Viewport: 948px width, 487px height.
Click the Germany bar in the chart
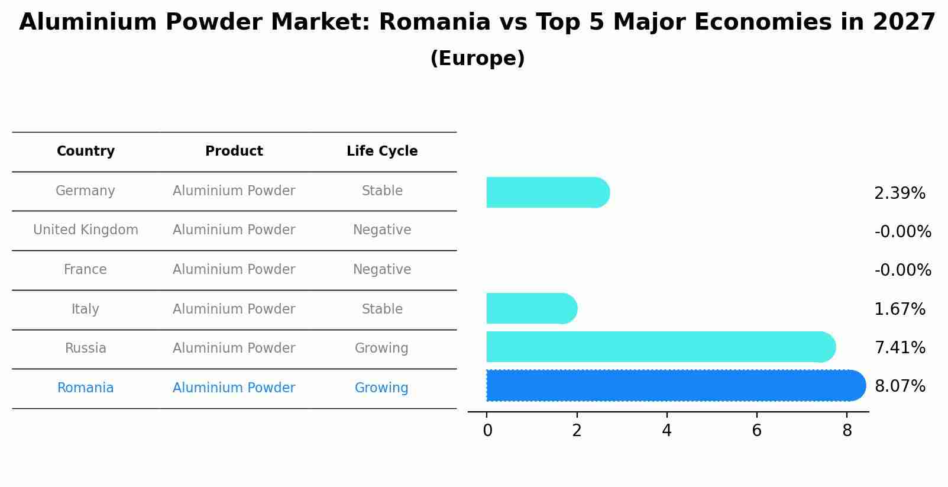click(x=547, y=192)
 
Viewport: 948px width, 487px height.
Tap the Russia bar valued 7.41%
click(x=660, y=347)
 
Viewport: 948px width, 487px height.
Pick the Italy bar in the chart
click(x=531, y=308)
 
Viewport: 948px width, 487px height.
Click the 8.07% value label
click(x=900, y=386)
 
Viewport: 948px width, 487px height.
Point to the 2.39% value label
click(x=900, y=193)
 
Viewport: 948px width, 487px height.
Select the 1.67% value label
click(x=900, y=309)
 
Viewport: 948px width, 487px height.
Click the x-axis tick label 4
click(x=666, y=431)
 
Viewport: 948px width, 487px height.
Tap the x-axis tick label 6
click(x=756, y=431)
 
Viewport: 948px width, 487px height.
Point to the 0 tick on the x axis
click(x=487, y=431)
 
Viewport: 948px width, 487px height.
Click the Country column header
click(x=86, y=151)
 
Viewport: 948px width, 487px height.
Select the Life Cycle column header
click(x=382, y=151)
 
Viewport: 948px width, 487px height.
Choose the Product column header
click(x=234, y=151)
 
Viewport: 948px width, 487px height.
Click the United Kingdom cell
click(x=86, y=230)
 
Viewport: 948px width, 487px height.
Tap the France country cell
click(x=86, y=270)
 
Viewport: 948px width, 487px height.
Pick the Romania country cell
click(x=86, y=388)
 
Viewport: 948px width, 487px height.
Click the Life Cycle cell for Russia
click(x=381, y=349)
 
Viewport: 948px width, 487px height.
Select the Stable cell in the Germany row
click(x=382, y=191)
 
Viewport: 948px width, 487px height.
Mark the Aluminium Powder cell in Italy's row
click(x=234, y=309)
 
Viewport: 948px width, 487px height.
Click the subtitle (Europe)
click(x=477, y=59)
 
